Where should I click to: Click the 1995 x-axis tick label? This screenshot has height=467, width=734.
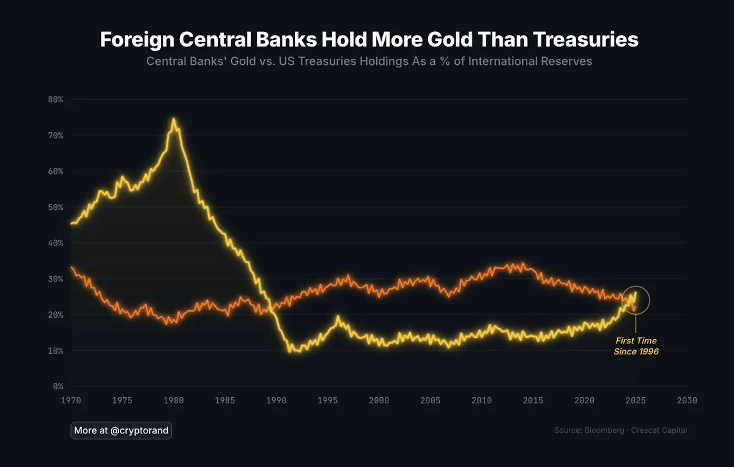(x=328, y=400)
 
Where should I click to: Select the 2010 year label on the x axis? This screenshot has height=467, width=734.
(x=482, y=400)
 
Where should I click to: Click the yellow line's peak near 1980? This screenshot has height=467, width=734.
(x=174, y=119)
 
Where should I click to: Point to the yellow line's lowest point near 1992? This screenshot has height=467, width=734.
(x=291, y=351)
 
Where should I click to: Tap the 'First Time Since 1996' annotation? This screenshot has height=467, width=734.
(x=636, y=346)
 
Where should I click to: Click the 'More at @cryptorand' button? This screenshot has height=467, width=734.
(x=121, y=430)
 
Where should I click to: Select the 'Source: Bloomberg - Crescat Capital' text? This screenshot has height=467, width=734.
(x=620, y=430)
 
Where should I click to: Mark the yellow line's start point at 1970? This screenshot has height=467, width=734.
(x=72, y=223)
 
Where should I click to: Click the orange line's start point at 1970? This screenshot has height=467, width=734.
(x=72, y=267)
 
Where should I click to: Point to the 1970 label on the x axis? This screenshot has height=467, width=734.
(x=71, y=400)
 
